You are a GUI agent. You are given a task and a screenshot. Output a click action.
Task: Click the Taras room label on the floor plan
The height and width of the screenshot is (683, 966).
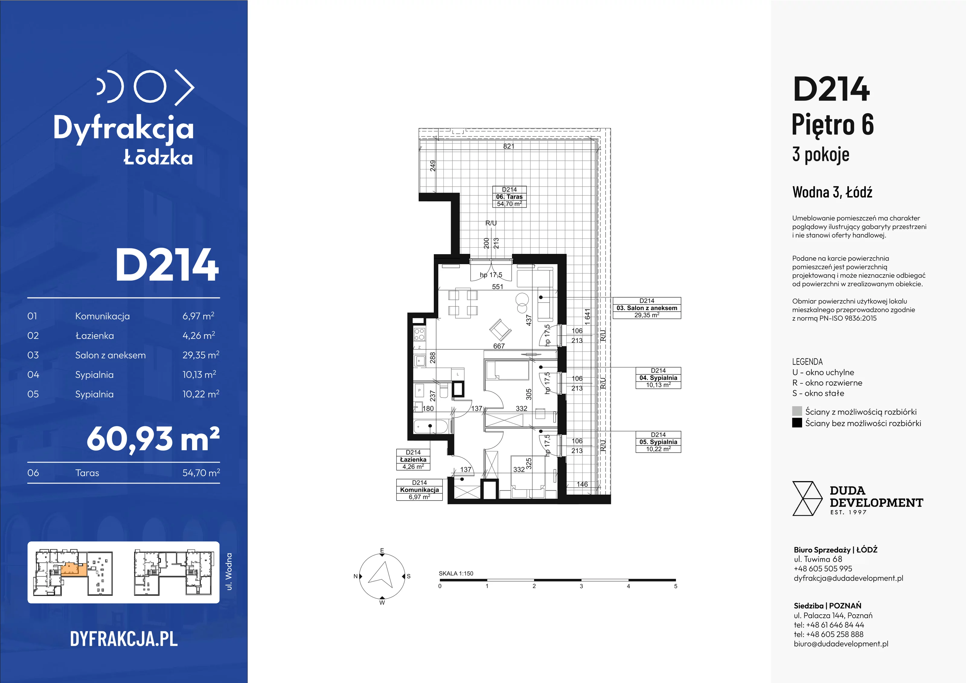(509, 197)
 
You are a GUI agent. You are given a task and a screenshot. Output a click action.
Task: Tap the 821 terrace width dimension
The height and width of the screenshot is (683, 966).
(509, 146)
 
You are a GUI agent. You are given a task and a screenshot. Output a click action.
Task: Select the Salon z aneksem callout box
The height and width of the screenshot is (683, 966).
(647, 308)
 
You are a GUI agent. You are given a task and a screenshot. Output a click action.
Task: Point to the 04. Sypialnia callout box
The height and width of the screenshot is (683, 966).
(658, 378)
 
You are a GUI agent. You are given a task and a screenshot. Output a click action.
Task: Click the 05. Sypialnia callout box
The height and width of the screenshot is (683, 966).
(658, 442)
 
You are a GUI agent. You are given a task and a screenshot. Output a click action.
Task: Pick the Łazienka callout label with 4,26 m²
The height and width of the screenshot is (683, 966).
(413, 460)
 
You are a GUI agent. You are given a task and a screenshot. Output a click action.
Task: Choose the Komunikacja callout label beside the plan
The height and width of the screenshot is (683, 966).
(420, 490)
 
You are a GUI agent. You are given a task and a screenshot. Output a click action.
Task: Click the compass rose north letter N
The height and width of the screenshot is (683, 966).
(356, 576)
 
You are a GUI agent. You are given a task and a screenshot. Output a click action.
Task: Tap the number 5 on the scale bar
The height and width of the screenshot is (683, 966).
(676, 586)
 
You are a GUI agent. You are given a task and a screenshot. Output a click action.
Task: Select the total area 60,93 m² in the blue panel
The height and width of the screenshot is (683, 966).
(153, 439)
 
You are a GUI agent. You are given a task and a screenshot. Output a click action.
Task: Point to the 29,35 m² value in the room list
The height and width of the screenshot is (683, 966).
(201, 355)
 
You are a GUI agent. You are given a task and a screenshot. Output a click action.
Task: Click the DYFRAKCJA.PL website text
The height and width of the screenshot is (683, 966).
(124, 639)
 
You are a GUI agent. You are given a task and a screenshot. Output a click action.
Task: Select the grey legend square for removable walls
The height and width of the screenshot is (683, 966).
(797, 411)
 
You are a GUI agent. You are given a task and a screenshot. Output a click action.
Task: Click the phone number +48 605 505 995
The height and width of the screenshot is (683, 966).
(823, 569)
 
